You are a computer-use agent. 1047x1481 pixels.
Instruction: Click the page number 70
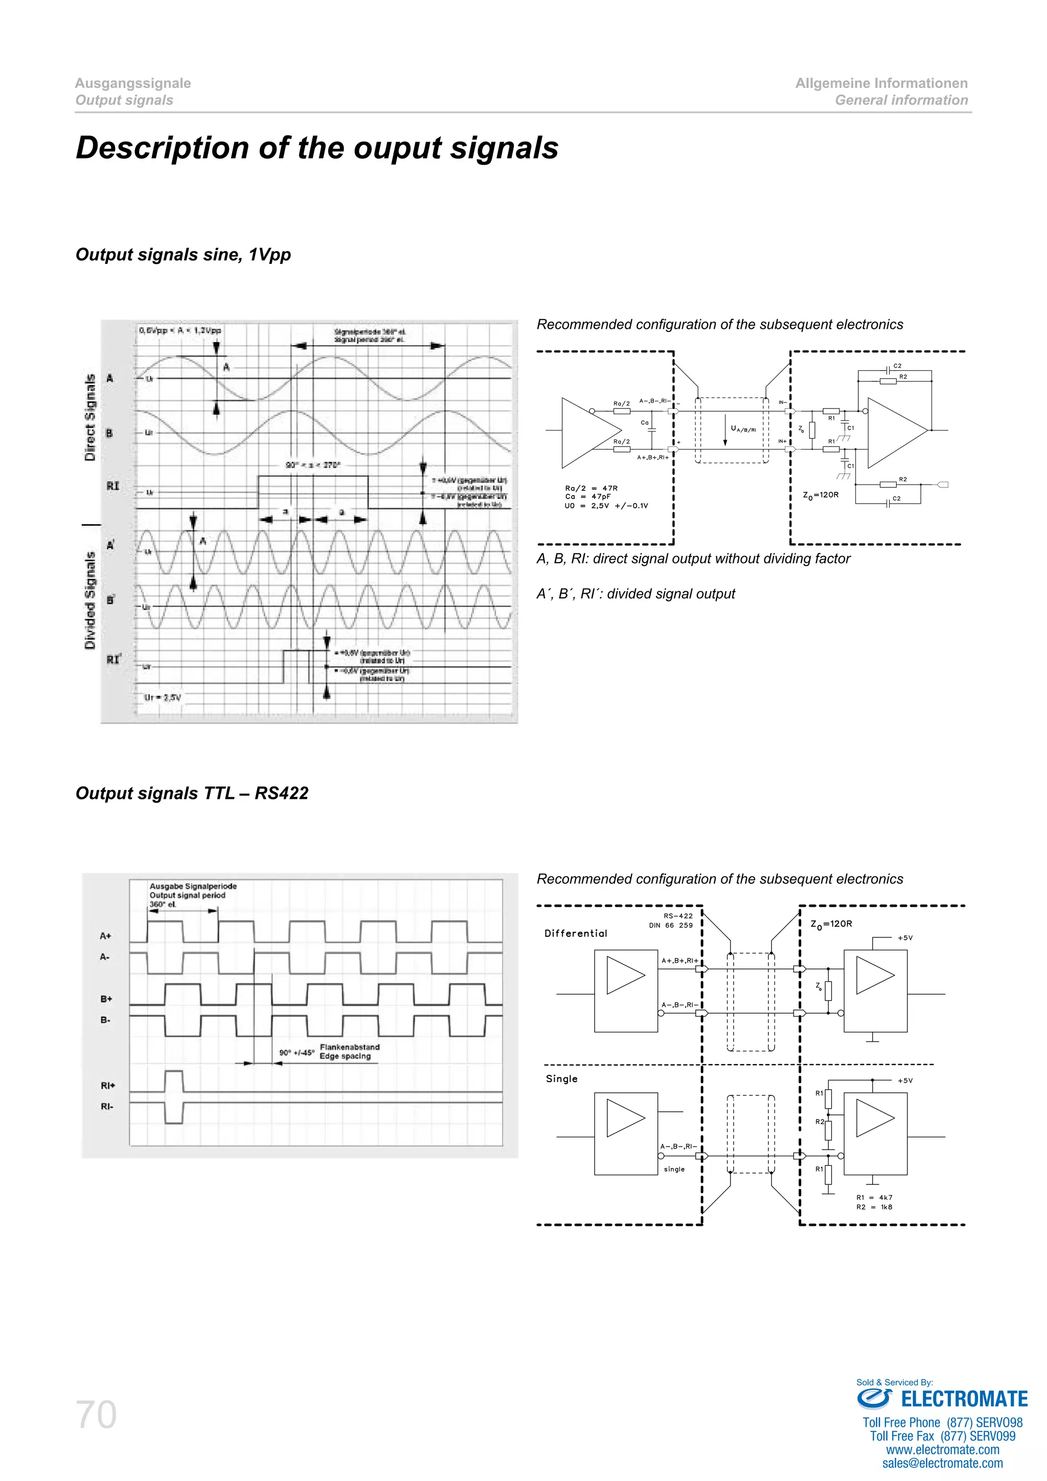tap(97, 1415)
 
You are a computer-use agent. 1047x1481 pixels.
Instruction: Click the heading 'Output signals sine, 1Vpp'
tap(183, 255)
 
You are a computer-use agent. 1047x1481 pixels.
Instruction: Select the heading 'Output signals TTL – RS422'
tap(192, 793)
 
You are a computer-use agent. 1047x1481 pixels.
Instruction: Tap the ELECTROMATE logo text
tap(963, 1399)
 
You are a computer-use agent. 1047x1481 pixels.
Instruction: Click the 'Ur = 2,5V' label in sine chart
tap(163, 697)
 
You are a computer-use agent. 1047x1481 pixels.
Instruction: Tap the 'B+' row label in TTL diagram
tap(106, 999)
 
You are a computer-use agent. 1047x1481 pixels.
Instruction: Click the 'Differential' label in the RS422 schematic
tap(576, 933)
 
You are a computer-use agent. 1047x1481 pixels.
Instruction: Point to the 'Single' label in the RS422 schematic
tap(561, 1079)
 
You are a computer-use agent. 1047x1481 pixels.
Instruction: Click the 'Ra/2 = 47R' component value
tap(591, 488)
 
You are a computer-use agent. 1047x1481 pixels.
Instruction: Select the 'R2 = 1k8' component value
tap(874, 1207)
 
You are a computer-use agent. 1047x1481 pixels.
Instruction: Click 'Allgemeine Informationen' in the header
tap(881, 83)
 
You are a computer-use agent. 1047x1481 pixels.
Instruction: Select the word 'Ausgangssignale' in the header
tap(133, 83)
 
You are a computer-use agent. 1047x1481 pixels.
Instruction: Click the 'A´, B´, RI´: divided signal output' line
tap(635, 594)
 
